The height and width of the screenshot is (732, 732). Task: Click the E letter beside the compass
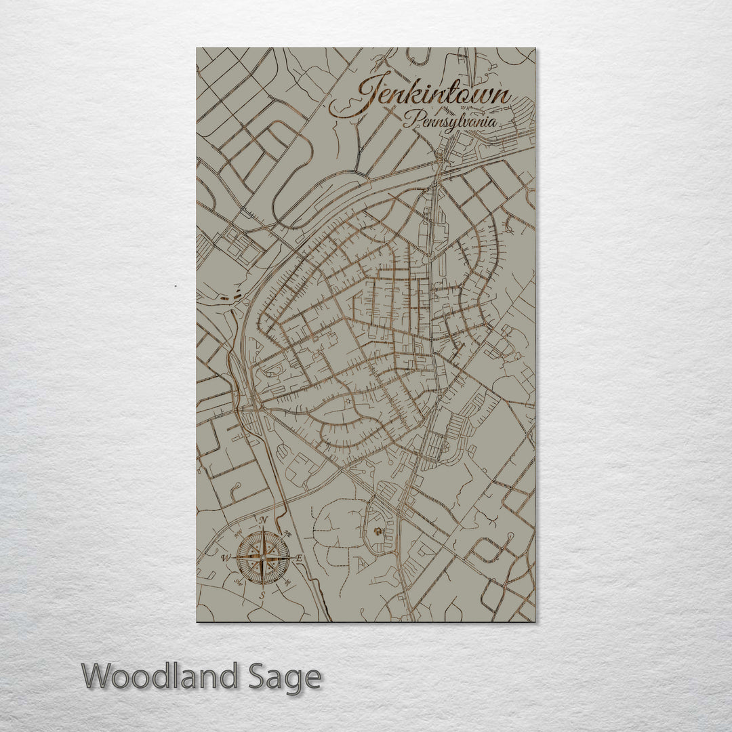pyautogui.click(x=299, y=558)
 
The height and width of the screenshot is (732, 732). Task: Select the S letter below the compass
pyautogui.click(x=262, y=595)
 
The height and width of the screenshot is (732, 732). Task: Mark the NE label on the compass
pyautogui.click(x=288, y=532)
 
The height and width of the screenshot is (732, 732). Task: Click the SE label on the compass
pyautogui.click(x=288, y=583)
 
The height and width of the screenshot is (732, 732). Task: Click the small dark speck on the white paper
pyautogui.click(x=176, y=287)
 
